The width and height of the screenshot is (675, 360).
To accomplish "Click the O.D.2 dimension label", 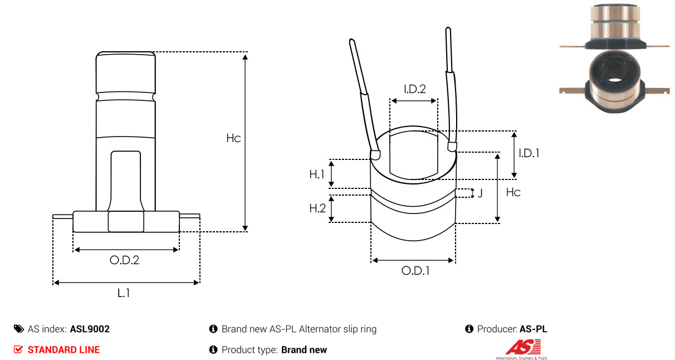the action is (x=124, y=260).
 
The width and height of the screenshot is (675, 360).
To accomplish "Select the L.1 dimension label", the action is (x=124, y=293).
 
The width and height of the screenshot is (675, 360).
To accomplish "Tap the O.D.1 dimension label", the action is (x=415, y=271).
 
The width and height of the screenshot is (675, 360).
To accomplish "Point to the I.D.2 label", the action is (x=415, y=89).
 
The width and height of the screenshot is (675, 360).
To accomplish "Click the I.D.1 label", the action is (x=529, y=153).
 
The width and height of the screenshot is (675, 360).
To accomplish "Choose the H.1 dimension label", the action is (x=317, y=174).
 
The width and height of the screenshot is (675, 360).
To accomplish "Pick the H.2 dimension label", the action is (x=317, y=208).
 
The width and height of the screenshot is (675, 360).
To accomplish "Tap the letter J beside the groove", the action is (x=480, y=193).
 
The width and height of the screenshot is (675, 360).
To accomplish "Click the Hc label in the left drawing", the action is (x=233, y=138).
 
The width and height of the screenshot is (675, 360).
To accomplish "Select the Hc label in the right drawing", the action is (x=513, y=192).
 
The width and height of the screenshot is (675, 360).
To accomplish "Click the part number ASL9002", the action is (x=90, y=329).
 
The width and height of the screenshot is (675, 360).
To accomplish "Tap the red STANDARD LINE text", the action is (x=63, y=350).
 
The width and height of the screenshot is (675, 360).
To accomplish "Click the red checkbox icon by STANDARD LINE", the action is (x=18, y=349).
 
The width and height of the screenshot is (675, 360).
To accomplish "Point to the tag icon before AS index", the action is (x=19, y=329).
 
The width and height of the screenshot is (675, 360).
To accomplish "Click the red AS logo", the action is (x=524, y=347).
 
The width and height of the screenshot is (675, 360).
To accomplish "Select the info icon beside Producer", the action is (x=469, y=329).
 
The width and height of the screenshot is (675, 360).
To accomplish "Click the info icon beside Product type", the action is (x=213, y=349).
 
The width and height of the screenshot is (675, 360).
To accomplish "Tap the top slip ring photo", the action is (x=615, y=27).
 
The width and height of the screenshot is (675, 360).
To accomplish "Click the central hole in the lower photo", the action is (x=615, y=80).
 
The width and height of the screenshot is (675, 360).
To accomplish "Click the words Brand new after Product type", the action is (x=304, y=350).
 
